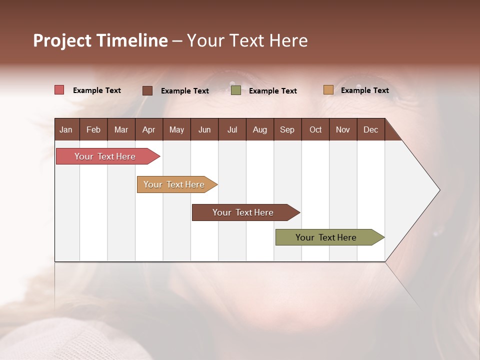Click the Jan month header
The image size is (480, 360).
(66, 129)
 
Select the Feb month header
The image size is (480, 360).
(93, 129)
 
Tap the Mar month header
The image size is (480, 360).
(121, 129)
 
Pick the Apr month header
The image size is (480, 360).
(148, 129)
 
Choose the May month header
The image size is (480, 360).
(176, 129)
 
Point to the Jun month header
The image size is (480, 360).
(204, 129)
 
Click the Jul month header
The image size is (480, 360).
(232, 129)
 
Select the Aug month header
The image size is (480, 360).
(260, 129)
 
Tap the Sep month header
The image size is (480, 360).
(287, 129)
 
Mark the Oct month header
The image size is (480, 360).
(315, 129)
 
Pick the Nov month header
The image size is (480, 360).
(343, 129)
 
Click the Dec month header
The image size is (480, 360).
(371, 129)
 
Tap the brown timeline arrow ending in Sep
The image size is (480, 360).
(243, 212)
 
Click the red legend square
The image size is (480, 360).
(59, 90)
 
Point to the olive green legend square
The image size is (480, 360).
(236, 90)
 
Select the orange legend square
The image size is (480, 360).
(328, 90)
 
